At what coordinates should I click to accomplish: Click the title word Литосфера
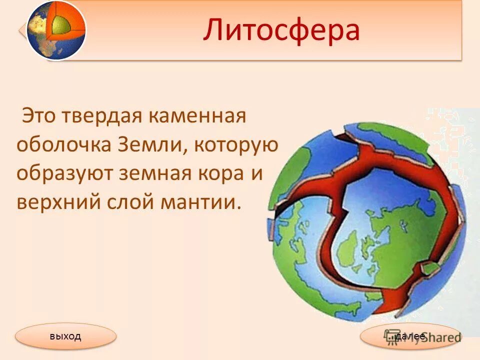pos(281,30)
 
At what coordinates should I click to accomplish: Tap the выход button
pos(65,336)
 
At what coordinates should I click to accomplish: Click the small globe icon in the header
pos(55,30)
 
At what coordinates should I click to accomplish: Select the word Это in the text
pos(39,116)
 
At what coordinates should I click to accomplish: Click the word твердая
pos(101,116)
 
